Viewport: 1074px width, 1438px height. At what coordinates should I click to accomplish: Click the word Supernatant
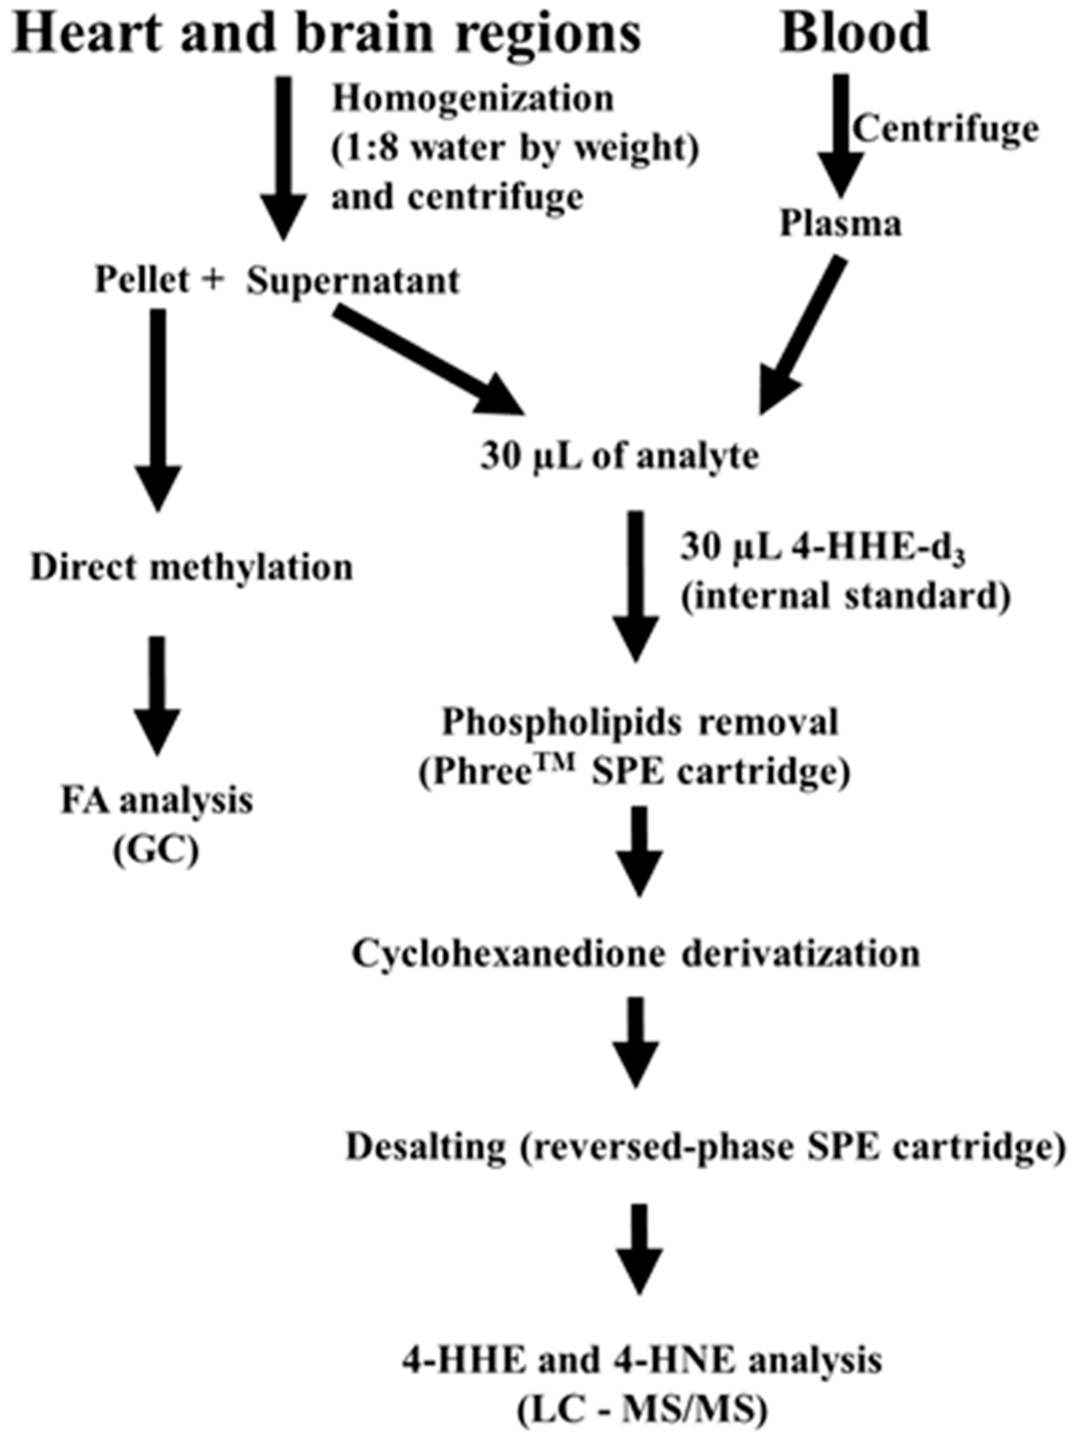353,281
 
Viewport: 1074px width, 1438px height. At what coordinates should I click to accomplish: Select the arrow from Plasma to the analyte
800,338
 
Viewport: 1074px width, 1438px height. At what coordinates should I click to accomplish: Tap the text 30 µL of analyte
619,456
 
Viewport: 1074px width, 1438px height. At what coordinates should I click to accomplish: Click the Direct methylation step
192,568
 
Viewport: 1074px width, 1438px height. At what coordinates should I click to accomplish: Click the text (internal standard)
845,596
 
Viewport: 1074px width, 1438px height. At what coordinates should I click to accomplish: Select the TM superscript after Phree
559,765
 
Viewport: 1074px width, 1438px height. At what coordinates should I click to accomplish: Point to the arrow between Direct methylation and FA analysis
157,693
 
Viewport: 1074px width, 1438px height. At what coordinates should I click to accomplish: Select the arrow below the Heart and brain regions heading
284,156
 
